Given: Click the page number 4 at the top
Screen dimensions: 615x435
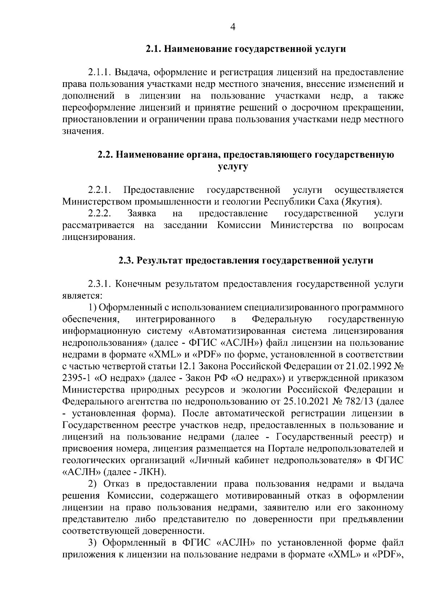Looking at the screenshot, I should [x=233, y=27].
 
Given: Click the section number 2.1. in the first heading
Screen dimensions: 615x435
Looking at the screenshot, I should [x=153, y=49].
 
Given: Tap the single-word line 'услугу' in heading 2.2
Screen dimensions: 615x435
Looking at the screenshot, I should [x=233, y=167].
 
